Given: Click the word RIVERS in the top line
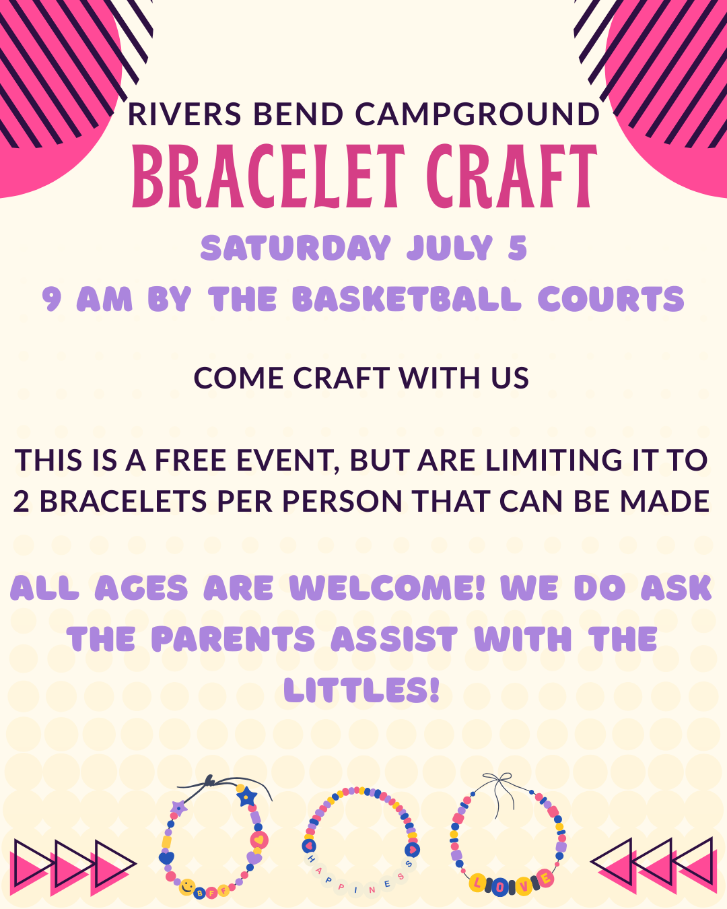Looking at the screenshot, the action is click(184, 114).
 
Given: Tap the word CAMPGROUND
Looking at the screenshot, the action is click(477, 114).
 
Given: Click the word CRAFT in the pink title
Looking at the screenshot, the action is click(512, 176).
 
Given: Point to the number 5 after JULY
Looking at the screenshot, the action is click(518, 248).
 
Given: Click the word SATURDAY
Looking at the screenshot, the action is click(296, 248).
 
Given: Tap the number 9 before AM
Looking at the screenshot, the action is click(52, 299).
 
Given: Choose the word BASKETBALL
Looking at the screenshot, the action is click(407, 299).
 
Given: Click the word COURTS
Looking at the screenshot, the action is click(611, 299).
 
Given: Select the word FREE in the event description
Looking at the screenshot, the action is click(191, 460).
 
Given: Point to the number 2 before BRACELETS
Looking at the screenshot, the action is click(21, 501).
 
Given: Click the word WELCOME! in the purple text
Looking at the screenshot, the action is click(387, 588).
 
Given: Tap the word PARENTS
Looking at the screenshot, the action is click(233, 639).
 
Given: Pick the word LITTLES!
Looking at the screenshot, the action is click(361, 689).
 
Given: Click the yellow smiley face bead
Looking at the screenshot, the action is click(186, 887).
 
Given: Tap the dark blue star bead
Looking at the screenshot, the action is click(246, 797).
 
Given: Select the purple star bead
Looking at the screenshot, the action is click(178, 809).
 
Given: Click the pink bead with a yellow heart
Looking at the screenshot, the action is click(259, 840).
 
